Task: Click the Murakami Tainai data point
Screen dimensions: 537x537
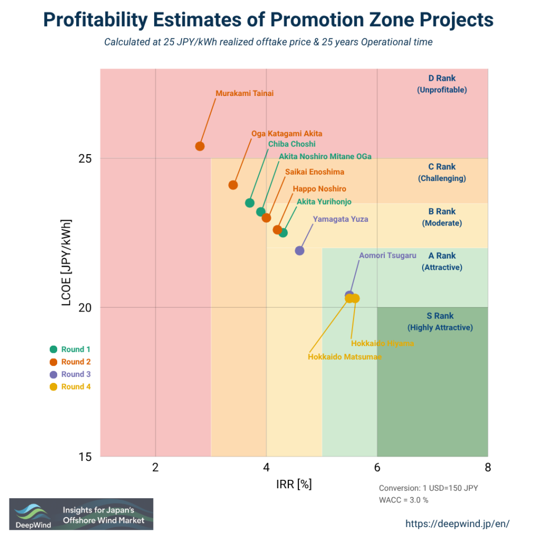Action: pyautogui.click(x=200, y=146)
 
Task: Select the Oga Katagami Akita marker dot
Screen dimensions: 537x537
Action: pyautogui.click(x=233, y=185)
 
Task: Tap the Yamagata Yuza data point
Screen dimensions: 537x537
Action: pyautogui.click(x=299, y=251)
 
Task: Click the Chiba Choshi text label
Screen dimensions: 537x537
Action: pyautogui.click(x=292, y=144)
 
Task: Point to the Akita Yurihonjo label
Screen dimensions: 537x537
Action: pyautogui.click(x=324, y=201)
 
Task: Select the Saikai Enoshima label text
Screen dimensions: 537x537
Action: pyautogui.click(x=315, y=171)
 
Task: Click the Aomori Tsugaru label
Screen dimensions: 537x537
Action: pyautogui.click(x=388, y=255)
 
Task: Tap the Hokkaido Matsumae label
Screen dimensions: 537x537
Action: pyautogui.click(x=345, y=357)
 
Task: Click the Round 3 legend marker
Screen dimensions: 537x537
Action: pyautogui.click(x=53, y=374)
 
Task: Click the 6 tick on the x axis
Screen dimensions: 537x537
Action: pyautogui.click(x=377, y=468)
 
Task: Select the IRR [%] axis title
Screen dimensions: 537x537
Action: pyautogui.click(x=294, y=484)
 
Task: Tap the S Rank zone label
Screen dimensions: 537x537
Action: pyautogui.click(x=440, y=321)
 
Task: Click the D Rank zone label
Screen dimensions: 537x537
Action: pyautogui.click(x=442, y=84)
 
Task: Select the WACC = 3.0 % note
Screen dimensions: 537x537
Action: pyautogui.click(x=403, y=500)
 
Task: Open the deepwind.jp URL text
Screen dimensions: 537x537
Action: pyautogui.click(x=458, y=523)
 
